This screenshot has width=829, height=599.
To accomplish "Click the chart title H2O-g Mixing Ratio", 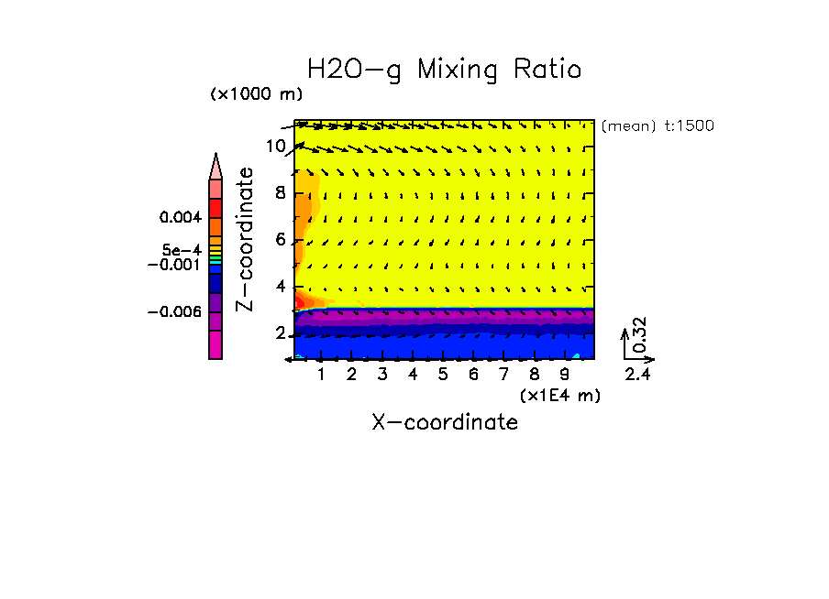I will [x=444, y=70].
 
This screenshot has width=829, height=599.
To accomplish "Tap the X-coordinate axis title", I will [x=444, y=422].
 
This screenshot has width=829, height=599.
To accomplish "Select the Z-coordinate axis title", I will [x=245, y=239].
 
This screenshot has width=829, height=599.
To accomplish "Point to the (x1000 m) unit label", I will [x=256, y=93].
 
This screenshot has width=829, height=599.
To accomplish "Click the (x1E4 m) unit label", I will [x=559, y=395].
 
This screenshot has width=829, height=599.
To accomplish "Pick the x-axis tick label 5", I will [x=443, y=375].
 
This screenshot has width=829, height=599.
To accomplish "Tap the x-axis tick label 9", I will [x=564, y=375].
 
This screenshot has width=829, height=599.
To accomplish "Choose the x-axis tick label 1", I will [x=321, y=375].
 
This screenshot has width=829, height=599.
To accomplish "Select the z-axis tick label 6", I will [x=282, y=240].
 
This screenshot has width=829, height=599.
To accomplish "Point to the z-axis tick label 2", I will [x=282, y=333].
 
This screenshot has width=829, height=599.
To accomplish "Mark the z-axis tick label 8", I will [x=282, y=192].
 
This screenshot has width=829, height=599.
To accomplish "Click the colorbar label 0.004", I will [x=179, y=218].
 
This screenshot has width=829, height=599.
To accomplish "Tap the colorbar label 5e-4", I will [x=182, y=250].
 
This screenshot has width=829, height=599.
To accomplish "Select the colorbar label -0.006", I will [x=174, y=311].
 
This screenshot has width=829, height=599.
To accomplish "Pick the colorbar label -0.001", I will [x=174, y=264].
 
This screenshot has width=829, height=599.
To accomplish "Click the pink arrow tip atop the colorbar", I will [x=216, y=167].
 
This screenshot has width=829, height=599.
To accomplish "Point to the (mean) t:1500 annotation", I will [x=658, y=126].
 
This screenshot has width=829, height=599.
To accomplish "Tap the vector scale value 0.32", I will [x=640, y=334].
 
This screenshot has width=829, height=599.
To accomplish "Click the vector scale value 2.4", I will [x=638, y=374].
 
